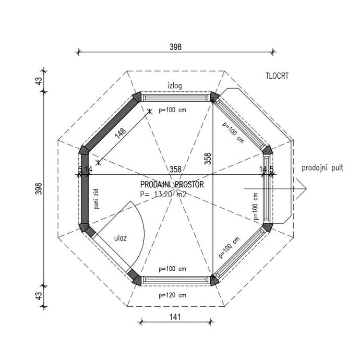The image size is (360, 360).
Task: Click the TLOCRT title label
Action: pos(277,76)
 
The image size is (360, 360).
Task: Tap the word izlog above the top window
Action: pos(174,86)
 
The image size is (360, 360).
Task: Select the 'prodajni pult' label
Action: pos(322,168)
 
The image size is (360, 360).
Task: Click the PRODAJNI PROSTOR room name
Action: pos(172,184)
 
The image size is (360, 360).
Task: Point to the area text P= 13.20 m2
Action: pos(163,195)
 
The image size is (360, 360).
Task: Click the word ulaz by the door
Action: pos(121,238)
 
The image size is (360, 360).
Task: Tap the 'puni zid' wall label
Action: pos(97,199)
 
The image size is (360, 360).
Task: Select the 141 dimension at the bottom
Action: pos(175,317)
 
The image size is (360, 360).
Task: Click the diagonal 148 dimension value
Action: pos(121,133)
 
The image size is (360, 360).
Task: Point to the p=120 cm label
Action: pos(172,295)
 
